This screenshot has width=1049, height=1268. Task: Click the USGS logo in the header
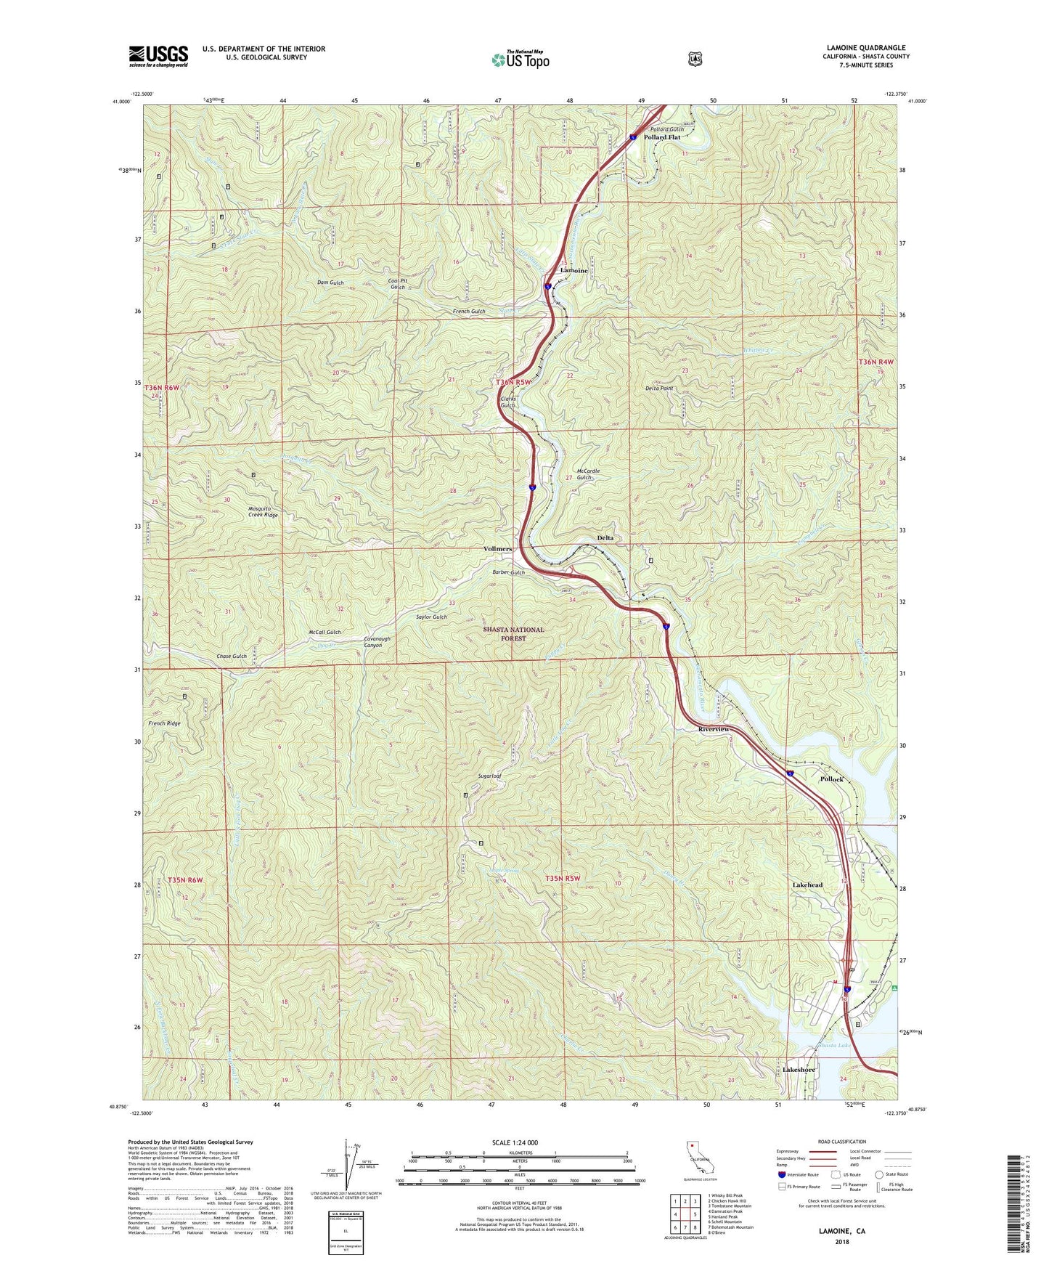click(158, 56)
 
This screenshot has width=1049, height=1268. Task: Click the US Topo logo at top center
click(520, 60)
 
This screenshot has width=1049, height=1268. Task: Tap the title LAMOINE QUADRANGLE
click(865, 48)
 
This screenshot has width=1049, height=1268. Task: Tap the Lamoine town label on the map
click(574, 270)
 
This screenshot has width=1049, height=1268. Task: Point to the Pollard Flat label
click(661, 137)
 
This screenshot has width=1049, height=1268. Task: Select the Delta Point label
click(659, 389)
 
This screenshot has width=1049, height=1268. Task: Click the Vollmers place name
click(497, 549)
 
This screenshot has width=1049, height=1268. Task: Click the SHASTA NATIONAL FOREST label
click(513, 634)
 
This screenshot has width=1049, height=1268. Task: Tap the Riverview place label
click(714, 729)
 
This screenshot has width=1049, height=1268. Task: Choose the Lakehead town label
click(807, 885)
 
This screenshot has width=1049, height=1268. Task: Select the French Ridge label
click(164, 724)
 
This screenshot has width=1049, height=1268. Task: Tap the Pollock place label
click(832, 779)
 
